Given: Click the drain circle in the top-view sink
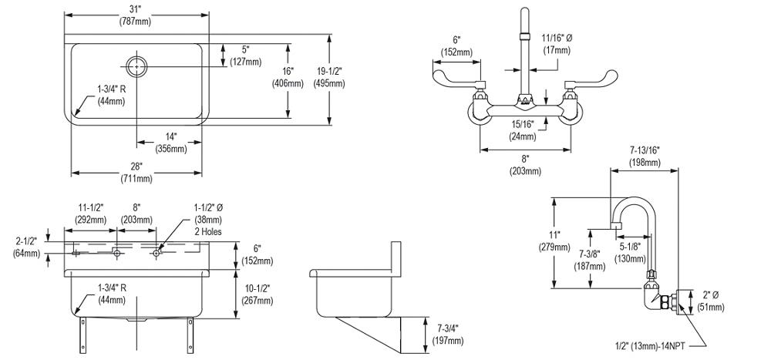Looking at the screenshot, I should click(x=136, y=66).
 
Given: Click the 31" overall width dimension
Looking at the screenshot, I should click(x=136, y=13).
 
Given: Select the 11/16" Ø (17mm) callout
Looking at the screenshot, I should click(x=554, y=43).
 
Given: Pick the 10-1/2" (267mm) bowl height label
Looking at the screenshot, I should click(x=258, y=294).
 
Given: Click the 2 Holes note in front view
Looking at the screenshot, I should click(x=207, y=231).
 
